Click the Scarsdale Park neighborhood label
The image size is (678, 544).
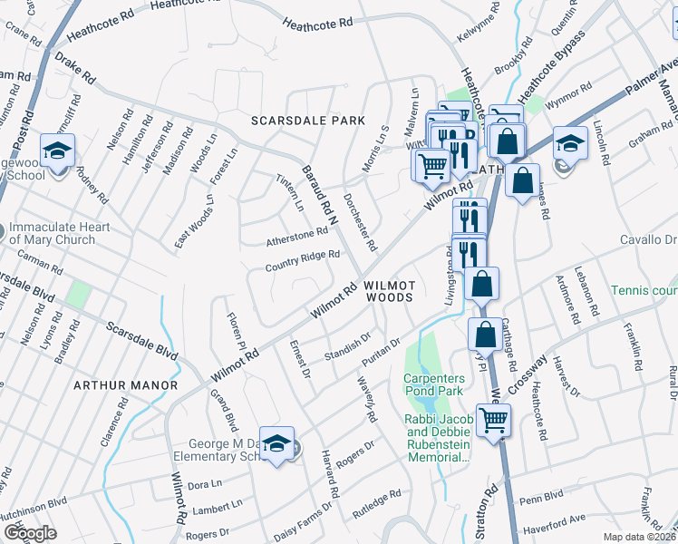pyautogui.click(x=308, y=121)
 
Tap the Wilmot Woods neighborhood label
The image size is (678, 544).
pyautogui.click(x=389, y=290)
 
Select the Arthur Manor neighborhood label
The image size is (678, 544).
pyautogui.click(x=126, y=385)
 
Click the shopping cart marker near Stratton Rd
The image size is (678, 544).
pyautogui.click(x=494, y=421)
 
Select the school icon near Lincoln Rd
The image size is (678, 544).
pyautogui.click(x=571, y=143)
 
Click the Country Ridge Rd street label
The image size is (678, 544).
pyautogui.click(x=302, y=261)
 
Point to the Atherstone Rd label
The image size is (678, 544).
pyautogui.click(x=296, y=237)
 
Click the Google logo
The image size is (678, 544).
pyautogui.click(x=30, y=534)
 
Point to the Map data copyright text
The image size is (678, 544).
pyautogui.click(x=640, y=537)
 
